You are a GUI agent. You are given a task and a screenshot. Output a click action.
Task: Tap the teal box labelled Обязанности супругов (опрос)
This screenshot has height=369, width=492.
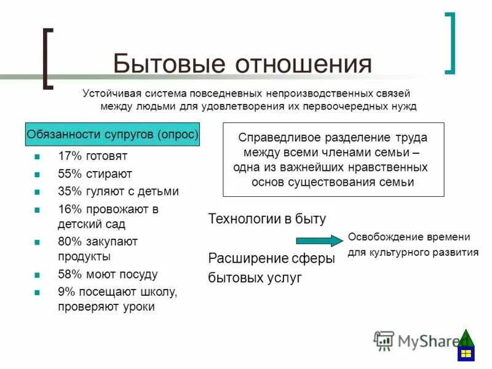point(112,134)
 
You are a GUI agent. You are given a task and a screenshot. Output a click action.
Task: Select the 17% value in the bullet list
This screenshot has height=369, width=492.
point(69,157)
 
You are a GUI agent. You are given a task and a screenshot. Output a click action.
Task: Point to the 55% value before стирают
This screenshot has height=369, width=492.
point(69,174)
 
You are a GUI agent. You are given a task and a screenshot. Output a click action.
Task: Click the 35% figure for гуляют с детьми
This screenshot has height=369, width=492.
point(69,191)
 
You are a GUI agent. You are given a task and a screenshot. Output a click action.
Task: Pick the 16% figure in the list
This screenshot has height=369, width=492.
point(69,208)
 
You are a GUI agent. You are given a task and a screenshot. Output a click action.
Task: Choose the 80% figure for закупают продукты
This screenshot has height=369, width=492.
point(69,241)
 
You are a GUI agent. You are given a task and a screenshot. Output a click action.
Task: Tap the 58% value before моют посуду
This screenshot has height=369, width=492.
point(69,274)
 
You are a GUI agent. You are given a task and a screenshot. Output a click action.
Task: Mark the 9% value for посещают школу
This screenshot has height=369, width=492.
point(66,292)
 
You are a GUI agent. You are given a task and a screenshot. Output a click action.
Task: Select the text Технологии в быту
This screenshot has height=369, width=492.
point(267,219)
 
